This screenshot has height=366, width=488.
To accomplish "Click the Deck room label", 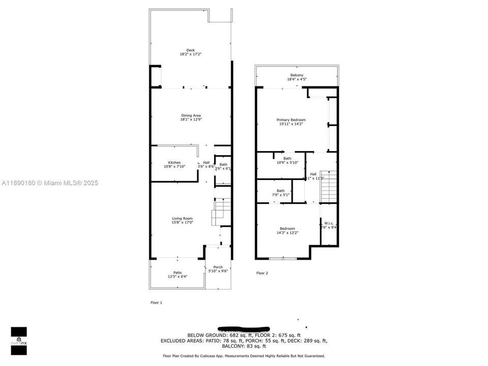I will pyautogui.click(x=191, y=50).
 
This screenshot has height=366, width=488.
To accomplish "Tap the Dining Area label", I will pyautogui.click(x=191, y=115).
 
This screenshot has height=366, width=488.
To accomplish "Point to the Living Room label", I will pyautogui.click(x=182, y=219).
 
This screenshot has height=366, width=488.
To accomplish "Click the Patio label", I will pyautogui.click(x=177, y=273).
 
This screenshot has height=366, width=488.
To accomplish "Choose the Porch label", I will pyautogui.click(x=218, y=267).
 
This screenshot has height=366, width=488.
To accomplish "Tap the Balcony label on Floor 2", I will pyautogui.click(x=297, y=75).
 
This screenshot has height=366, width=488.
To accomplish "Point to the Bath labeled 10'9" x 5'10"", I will pyautogui.click(x=287, y=158).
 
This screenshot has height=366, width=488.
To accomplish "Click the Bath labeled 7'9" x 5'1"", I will pyautogui.click(x=281, y=191).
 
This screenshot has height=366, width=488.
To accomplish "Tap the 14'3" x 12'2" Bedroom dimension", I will pyautogui.click(x=287, y=233).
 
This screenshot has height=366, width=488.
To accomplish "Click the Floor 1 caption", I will pyautogui.click(x=156, y=302).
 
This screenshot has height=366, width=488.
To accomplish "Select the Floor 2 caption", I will pyautogui.click(x=262, y=273).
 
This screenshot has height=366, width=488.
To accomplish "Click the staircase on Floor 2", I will pyautogui.click(x=328, y=188).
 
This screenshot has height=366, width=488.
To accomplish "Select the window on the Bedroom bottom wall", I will pyautogui.click(x=283, y=259).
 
